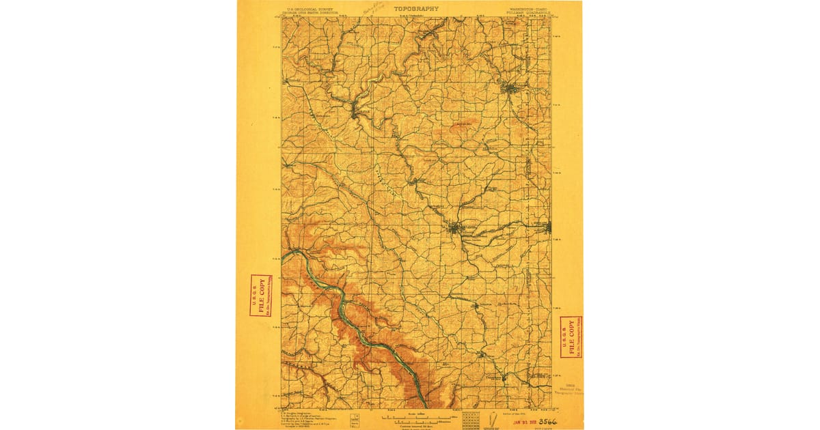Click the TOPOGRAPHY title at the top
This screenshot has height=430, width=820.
tap(416, 9)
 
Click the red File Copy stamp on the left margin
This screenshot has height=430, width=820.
tap(260, 295)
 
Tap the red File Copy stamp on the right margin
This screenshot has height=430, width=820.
tap(571, 336)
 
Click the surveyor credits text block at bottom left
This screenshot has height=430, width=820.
tap(307, 418)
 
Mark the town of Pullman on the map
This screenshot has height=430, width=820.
tap(456, 227)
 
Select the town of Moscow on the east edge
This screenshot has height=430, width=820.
tap(547, 227)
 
